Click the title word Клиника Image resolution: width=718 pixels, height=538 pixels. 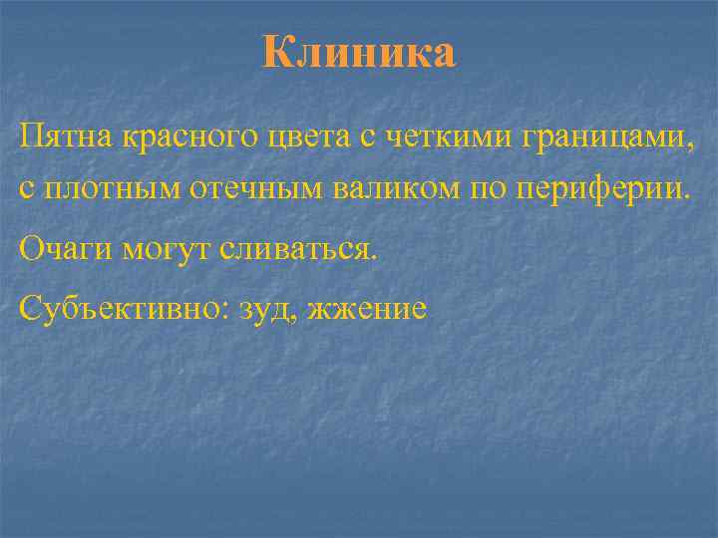point(359,53)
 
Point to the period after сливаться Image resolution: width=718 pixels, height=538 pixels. point(376,256)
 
